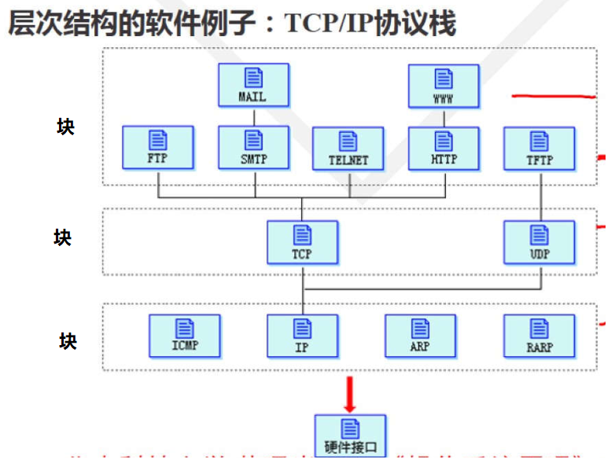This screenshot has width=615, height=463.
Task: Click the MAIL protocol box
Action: (x=253, y=85)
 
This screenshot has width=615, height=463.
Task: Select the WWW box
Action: (x=444, y=85)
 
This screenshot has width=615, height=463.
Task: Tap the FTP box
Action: (x=158, y=147)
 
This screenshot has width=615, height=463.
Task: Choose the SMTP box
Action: (x=253, y=147)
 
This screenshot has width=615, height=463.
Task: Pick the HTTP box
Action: (x=444, y=147)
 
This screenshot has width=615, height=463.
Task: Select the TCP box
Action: (x=302, y=242)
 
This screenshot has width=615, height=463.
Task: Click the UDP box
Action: (x=540, y=242)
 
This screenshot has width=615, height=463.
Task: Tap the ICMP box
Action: (x=185, y=336)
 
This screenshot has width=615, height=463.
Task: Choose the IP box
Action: (x=302, y=336)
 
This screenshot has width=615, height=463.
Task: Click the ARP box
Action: (x=420, y=336)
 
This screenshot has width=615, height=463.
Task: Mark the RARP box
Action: (x=540, y=336)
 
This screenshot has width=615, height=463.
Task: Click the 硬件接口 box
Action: (x=351, y=436)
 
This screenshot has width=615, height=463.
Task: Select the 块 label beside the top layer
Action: (x=65, y=127)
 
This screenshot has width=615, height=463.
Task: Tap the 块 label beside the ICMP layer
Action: (x=68, y=341)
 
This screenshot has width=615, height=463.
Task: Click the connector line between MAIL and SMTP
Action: (x=253, y=116)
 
